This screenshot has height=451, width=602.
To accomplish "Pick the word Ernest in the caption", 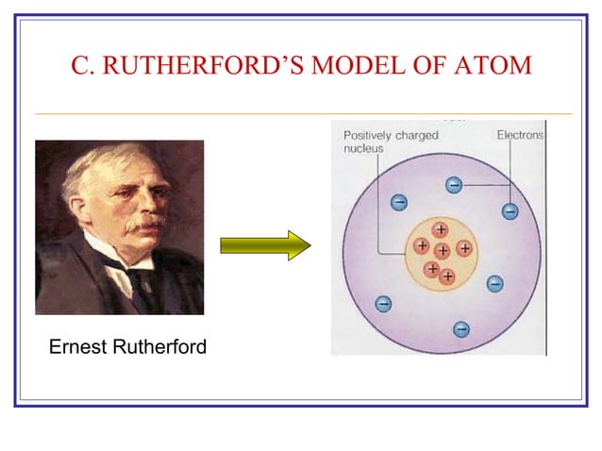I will [77, 348].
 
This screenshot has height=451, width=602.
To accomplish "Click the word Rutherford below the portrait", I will [159, 348].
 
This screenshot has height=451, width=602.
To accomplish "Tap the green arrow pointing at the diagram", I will [265, 246].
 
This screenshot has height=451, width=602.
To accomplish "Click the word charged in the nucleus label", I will [417, 136].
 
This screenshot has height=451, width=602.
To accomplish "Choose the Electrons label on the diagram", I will [520, 136].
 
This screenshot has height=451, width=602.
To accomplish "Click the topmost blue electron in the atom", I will [454, 185].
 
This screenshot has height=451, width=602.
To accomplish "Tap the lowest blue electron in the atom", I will [461, 328].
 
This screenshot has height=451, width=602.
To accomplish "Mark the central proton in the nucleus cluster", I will [442, 251].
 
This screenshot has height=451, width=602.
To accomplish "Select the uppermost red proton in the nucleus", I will [440, 229].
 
